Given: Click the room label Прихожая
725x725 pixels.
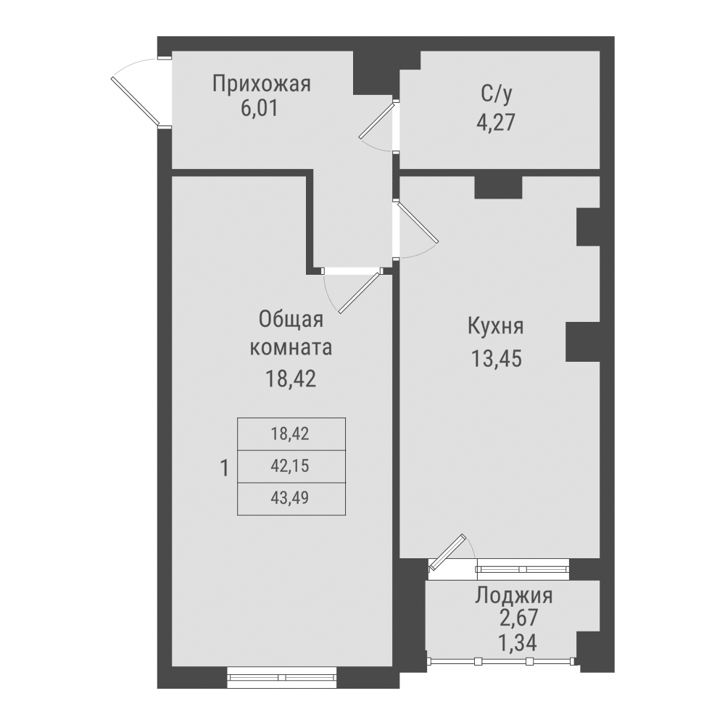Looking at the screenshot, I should point(261,84).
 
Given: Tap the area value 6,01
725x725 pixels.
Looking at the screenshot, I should point(260,109).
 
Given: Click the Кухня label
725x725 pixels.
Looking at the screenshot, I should point(495,326).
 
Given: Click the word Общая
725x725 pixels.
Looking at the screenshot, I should point(291,319).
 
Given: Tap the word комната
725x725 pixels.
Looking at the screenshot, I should point(291,347).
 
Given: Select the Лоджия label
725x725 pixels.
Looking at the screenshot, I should point(514,596).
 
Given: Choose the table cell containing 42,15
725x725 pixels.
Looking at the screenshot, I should point(291,466).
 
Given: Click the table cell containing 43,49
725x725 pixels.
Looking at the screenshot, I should point(291,498).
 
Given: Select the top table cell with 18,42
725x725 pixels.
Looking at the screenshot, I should point(291,434).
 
